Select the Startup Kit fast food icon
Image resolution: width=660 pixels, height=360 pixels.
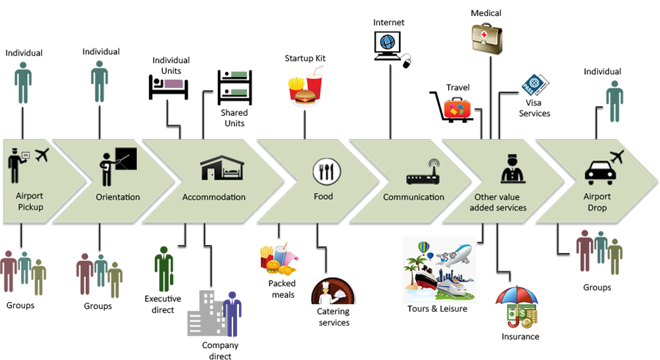click(305, 85)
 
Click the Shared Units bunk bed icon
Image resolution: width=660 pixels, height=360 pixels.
click(235, 88)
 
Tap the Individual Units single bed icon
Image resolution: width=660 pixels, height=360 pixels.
click(168, 87)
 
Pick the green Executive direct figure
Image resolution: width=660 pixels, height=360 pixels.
click(164, 269)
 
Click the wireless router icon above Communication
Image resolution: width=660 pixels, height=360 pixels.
click(422, 174)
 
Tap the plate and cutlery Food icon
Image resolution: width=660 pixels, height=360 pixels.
click(326, 172)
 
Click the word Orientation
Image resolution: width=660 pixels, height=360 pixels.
click(118, 197)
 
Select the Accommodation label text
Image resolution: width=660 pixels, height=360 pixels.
click(213, 197)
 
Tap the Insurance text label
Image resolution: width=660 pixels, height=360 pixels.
click(521, 337)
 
